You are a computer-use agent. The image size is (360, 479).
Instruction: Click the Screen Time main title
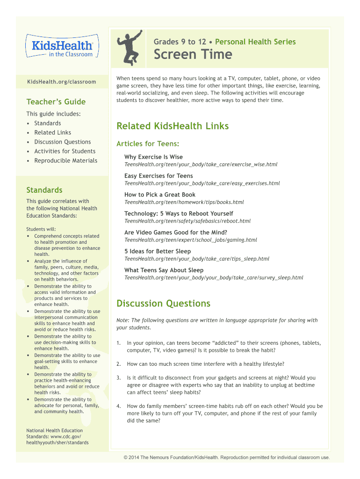[193, 54]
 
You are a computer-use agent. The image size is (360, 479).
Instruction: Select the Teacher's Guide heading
[56, 102]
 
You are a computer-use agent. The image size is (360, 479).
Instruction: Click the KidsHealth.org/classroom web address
[61, 82]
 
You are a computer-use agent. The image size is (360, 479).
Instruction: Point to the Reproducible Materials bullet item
[65, 160]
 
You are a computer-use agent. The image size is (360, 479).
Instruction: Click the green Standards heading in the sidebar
[44, 190]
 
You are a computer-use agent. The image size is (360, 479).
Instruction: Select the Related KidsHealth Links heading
[173, 126]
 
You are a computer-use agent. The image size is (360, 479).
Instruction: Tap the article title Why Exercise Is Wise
[153, 157]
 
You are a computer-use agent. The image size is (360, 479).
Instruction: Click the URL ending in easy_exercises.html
[202, 183]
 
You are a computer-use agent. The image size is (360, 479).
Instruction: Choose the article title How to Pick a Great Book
[160, 195]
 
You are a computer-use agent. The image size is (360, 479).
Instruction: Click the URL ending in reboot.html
[187, 221]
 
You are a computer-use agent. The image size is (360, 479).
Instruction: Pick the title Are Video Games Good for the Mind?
[176, 232]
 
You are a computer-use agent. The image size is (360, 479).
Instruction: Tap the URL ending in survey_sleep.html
[214, 277]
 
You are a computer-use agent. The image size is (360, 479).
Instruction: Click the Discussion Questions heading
[163, 304]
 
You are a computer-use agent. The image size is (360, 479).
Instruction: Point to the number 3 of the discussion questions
[118, 377]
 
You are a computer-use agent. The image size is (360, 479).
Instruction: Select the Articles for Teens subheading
[148, 144]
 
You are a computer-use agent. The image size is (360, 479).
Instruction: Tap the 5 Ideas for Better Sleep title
[158, 251]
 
